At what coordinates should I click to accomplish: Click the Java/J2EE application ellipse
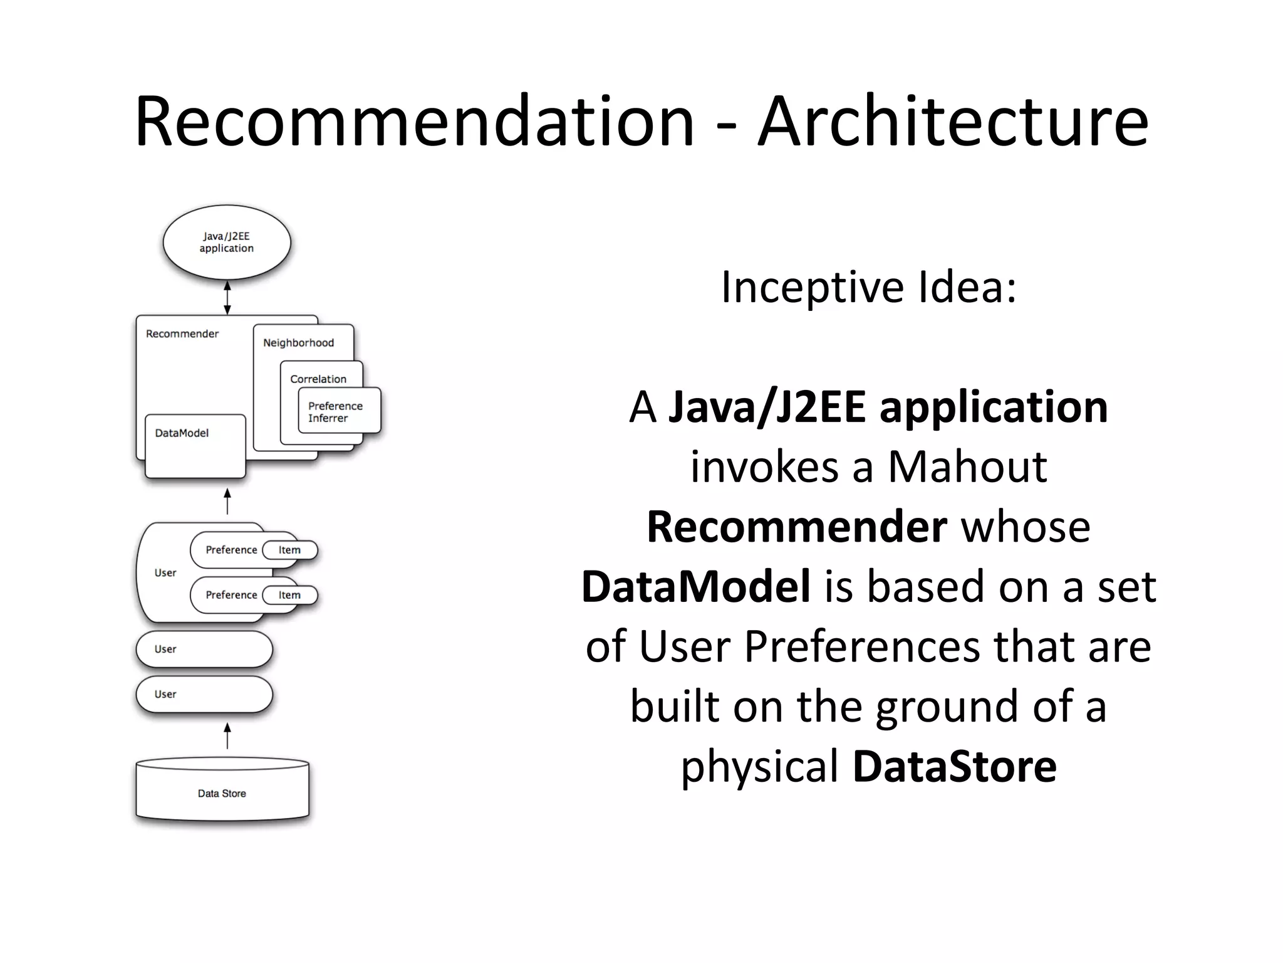(x=227, y=242)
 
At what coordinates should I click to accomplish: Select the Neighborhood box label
(x=298, y=343)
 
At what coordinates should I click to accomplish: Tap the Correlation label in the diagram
(x=318, y=379)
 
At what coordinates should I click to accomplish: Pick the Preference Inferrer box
(x=339, y=411)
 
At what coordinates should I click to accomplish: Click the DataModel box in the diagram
(x=195, y=445)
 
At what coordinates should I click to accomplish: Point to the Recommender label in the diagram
(x=182, y=334)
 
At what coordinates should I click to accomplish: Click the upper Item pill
(x=289, y=550)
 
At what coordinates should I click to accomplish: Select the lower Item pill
(x=289, y=595)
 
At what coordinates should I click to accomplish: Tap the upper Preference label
(x=231, y=550)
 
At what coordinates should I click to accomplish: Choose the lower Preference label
(x=231, y=595)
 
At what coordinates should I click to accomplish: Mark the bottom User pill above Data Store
(x=204, y=694)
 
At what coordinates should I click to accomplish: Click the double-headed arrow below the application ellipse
(x=227, y=297)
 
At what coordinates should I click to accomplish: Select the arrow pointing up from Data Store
(x=227, y=736)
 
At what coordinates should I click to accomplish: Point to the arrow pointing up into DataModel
(x=227, y=502)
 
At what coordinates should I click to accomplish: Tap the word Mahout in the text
(x=967, y=467)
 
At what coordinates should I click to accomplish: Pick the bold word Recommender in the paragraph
(x=796, y=527)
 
